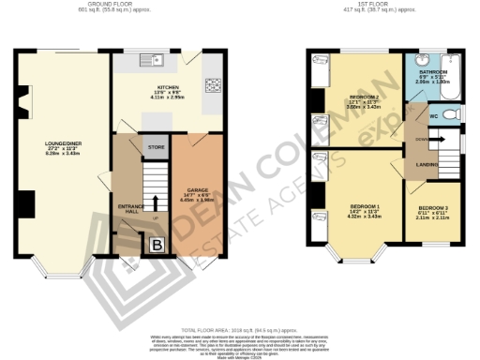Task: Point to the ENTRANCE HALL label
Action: [127, 207]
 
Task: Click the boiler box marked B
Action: [157, 245]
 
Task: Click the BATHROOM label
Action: [432, 72]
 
